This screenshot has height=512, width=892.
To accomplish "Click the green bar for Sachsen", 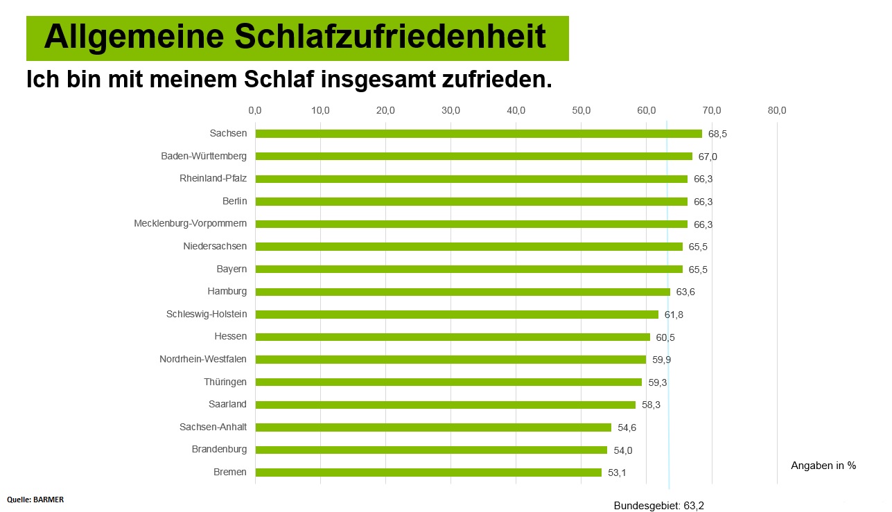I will [x=478, y=134].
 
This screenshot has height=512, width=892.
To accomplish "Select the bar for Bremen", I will [x=428, y=473].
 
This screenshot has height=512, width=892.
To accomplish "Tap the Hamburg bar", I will [x=462, y=292].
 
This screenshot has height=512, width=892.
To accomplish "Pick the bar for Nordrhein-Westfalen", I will [x=451, y=360].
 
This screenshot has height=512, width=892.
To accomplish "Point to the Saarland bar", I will [x=445, y=405].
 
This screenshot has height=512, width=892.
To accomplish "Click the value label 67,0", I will [x=708, y=157].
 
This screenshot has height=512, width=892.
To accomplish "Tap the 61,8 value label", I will [x=674, y=315].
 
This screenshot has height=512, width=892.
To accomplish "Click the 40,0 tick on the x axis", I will [x=516, y=110].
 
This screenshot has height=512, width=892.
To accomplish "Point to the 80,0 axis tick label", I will [x=777, y=110].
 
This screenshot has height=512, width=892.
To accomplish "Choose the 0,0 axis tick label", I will [x=255, y=110].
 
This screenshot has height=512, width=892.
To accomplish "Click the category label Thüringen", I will [x=225, y=382].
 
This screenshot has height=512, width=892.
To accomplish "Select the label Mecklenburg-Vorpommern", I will [x=190, y=224].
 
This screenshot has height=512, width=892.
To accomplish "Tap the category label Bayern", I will [x=231, y=269].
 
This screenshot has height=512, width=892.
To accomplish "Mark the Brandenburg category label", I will [x=219, y=450].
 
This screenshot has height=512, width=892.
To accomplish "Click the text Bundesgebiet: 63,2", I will [x=658, y=506].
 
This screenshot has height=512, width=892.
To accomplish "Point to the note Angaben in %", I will [x=823, y=466].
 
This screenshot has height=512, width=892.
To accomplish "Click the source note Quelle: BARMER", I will [x=35, y=499].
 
